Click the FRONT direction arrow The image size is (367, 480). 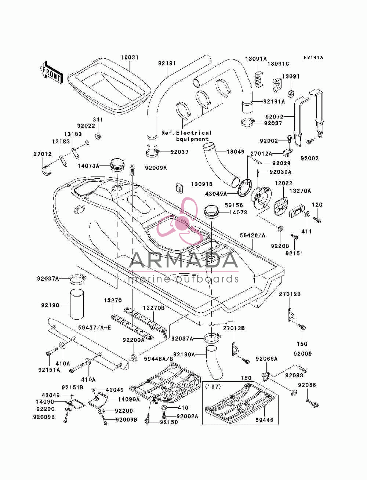coord(51,72)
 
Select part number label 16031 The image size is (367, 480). coord(130,58)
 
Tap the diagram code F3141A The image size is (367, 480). coord(313,58)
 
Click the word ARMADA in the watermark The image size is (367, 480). coord(183,260)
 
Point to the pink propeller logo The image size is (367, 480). coord(180,221)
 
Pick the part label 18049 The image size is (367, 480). coord(235,152)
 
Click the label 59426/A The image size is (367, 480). coord(252,235)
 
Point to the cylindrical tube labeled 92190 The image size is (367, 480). coord(77,304)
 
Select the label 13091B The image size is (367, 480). coord(201,184)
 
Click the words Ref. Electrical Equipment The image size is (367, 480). coord(186,136)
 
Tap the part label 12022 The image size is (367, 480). coord(283,183)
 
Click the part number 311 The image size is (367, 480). coord(98,120)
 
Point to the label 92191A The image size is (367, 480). coord(274,101)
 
